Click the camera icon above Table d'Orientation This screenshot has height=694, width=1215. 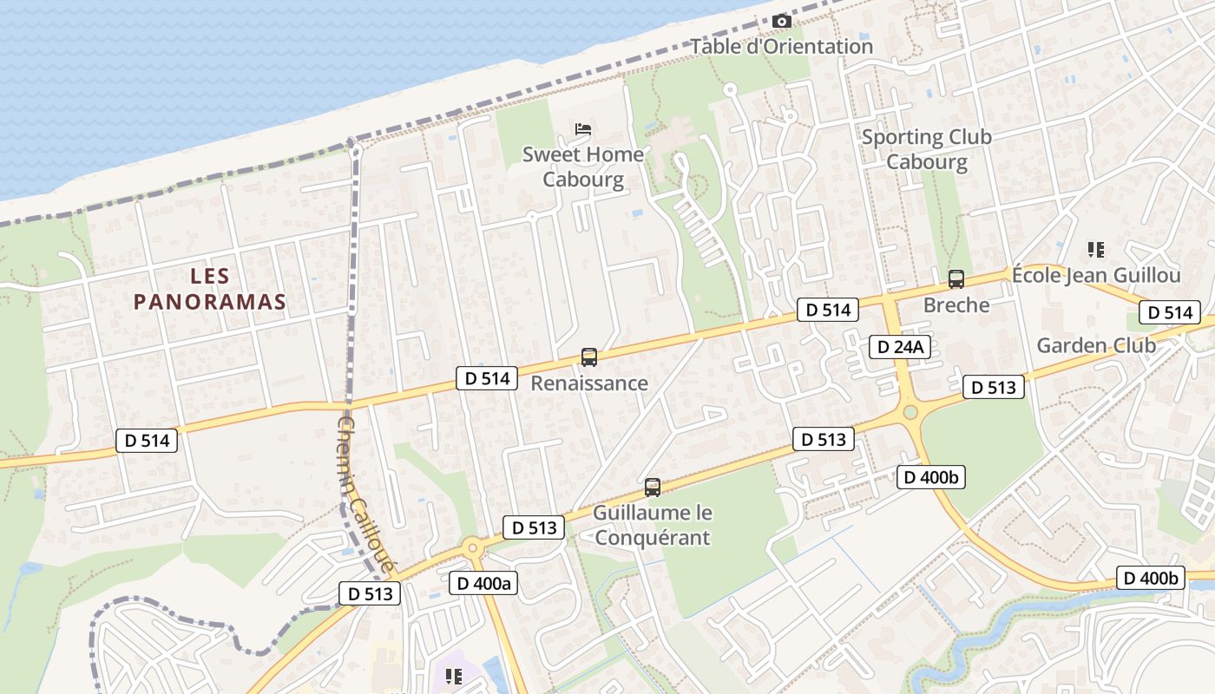tap(782, 21)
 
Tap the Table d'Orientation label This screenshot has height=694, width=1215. tap(782, 46)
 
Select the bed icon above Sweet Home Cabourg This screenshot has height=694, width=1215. tap(583, 130)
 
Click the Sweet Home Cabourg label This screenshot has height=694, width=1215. tap(583, 167)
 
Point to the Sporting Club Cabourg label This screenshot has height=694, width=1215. tap(927, 149)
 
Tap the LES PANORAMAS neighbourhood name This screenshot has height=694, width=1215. tap(211, 289)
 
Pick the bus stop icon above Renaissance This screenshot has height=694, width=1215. tap(589, 357)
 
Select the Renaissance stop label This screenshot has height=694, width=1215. tap(589, 383)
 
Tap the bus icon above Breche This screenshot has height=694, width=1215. tap(956, 279)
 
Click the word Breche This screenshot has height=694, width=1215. tap(956, 304)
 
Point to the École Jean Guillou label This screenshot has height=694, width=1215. tap(1096, 276)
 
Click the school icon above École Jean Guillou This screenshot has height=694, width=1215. tap(1096, 250)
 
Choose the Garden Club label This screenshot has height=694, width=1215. tap(1096, 345)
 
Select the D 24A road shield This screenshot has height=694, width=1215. tap(901, 347)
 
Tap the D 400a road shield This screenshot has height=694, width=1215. tap(483, 583)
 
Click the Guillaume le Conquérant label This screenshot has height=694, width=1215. tap(652, 525)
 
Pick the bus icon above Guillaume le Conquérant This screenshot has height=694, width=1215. tap(653, 488)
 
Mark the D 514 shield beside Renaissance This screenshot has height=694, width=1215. tap(487, 377)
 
